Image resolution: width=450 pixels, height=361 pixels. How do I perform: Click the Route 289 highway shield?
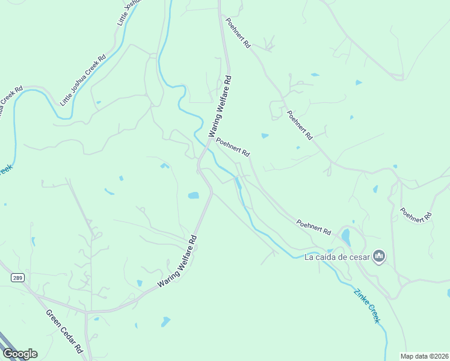pos(17,277)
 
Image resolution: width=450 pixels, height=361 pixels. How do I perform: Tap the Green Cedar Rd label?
pos(64,332)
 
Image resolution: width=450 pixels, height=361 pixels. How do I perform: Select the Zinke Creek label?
pos(367,306)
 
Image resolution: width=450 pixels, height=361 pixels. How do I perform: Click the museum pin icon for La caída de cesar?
pos(378,257)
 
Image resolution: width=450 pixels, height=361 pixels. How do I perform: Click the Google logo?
pos(20,353)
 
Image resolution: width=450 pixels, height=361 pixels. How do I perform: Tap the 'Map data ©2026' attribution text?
pos(425,356)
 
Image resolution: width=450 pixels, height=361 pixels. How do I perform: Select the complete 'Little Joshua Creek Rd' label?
pos(83,81)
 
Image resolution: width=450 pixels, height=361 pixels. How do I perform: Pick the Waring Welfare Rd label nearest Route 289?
pos(177,262)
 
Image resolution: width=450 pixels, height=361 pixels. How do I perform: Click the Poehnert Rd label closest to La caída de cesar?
pos(313,227)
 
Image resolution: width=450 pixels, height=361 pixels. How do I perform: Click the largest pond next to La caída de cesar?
pos(346,236)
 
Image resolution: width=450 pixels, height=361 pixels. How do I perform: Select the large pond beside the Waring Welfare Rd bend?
pos(193,196)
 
